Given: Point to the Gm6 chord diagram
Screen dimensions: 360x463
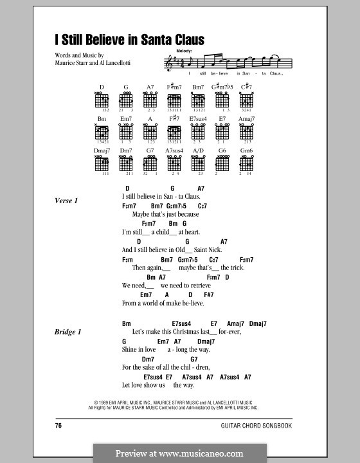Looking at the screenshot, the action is click(x=245, y=163).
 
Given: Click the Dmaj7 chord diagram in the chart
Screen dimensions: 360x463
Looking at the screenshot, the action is click(x=102, y=163).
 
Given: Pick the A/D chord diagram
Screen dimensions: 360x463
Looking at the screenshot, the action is click(x=198, y=163).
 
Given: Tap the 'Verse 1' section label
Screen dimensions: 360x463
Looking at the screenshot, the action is click(x=66, y=201).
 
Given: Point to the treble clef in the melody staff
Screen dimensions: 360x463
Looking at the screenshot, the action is click(x=169, y=62).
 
